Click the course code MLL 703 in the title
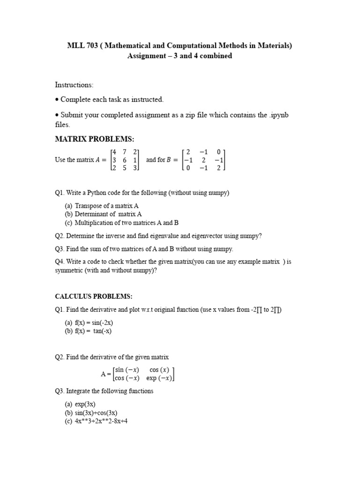[x=82, y=45]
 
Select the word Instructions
[x=74, y=85]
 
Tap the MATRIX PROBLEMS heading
[x=95, y=139]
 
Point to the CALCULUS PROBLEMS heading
[x=94, y=296]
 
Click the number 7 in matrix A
[x=125, y=152]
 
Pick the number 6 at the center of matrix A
[x=125, y=160]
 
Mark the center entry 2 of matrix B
[x=203, y=160]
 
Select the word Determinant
[x=92, y=214]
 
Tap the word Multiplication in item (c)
[x=95, y=223]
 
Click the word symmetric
[x=70, y=270]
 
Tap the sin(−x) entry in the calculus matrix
[x=127, y=370]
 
